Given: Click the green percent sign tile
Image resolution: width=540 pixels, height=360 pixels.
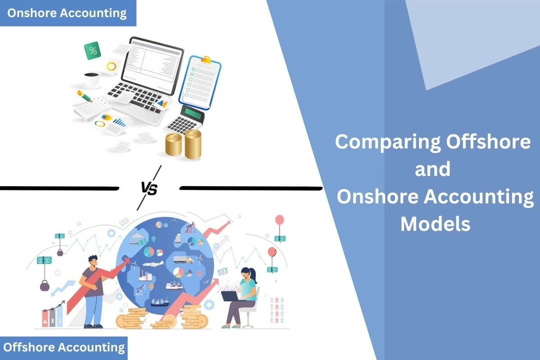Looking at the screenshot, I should (93, 50).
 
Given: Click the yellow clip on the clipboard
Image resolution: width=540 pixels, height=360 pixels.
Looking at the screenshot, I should (206, 60).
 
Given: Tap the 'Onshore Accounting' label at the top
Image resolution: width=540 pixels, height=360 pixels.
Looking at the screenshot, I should (67, 13).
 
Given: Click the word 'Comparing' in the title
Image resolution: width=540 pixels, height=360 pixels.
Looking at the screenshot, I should (388, 142).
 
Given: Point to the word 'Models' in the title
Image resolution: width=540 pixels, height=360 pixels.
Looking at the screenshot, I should (435, 224).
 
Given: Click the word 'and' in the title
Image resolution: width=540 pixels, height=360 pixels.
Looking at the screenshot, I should (432, 170).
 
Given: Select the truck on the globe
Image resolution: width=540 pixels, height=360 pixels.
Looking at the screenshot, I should (184, 260).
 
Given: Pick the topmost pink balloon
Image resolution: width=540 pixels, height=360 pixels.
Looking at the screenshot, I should (279, 220).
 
